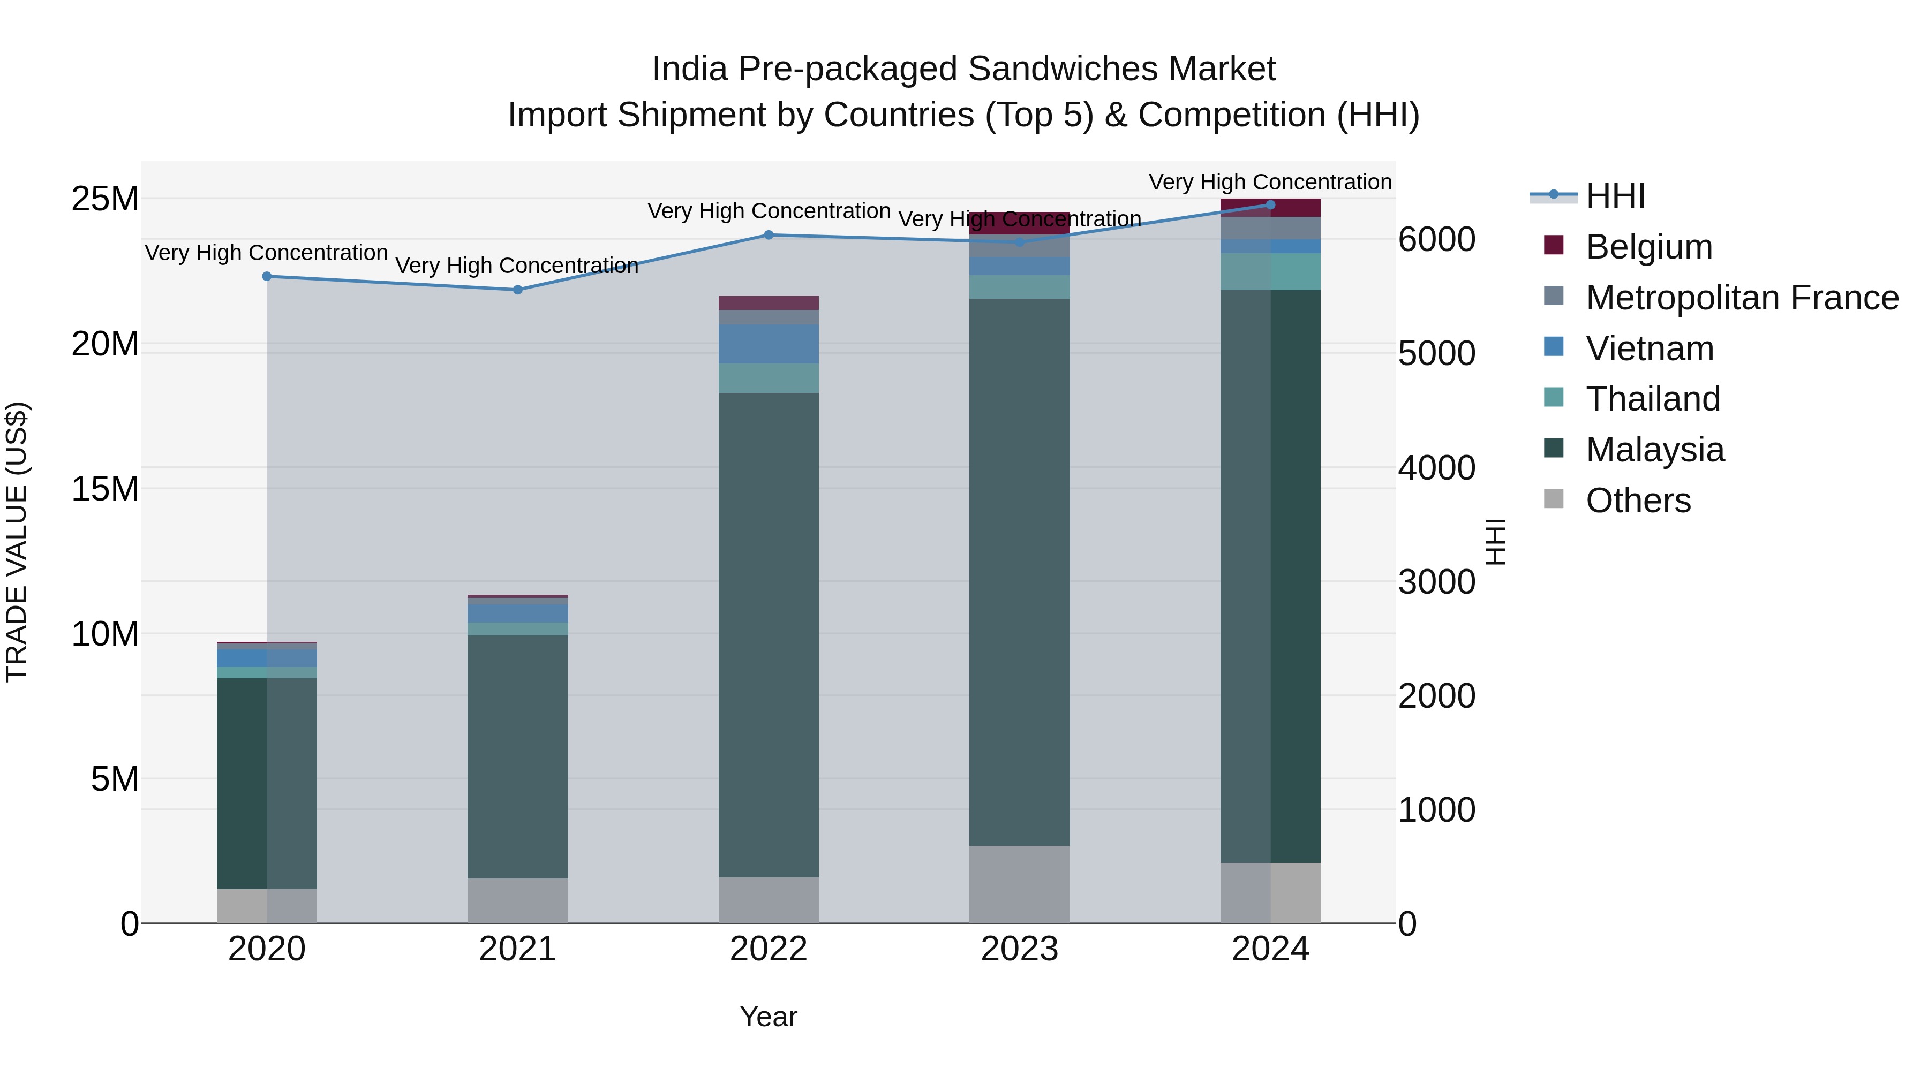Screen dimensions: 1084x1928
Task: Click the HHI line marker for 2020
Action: pos(267,276)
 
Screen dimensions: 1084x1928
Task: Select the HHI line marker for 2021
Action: pos(518,290)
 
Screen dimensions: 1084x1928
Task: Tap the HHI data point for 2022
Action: pos(769,235)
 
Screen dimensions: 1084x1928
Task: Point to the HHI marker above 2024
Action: pos(1270,205)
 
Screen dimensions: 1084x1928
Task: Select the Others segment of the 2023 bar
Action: pos(1019,884)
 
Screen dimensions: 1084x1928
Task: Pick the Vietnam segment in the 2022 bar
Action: pos(769,344)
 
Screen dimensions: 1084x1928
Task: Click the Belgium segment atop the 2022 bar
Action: pos(769,303)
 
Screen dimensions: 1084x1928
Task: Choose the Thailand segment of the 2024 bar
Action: pos(1270,271)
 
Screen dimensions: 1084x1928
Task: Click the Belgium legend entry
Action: pos(1649,247)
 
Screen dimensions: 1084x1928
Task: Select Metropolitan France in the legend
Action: pos(1742,298)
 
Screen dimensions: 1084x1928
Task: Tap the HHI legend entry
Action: pos(1615,196)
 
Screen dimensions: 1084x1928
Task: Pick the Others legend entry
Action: pos(1638,501)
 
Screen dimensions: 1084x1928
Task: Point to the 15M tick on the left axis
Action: pos(105,489)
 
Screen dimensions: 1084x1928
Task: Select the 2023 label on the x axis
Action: pos(1019,949)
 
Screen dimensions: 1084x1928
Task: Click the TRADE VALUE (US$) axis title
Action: pos(17,542)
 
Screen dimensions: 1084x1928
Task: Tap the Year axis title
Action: pos(769,1017)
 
